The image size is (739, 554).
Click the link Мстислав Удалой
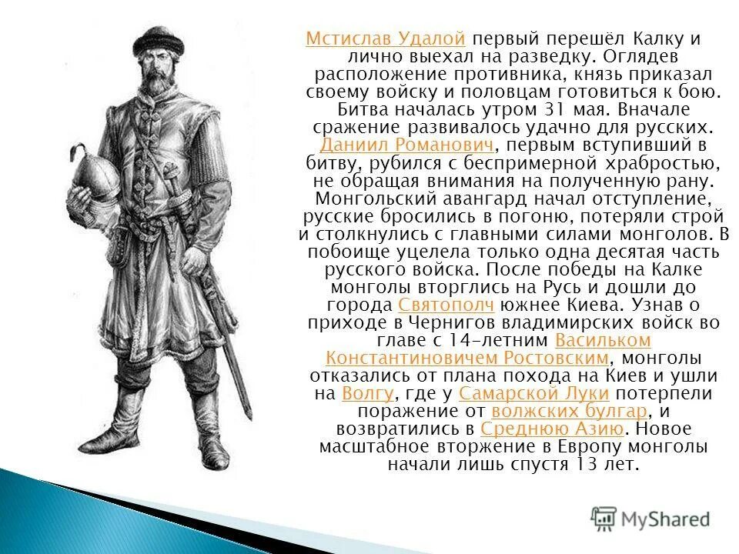point(385,39)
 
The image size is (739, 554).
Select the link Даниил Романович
point(406,145)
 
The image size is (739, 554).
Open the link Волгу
point(367,394)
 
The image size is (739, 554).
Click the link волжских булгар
point(568,412)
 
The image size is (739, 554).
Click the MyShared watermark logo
point(650,518)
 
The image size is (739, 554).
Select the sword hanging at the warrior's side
point(232,339)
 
